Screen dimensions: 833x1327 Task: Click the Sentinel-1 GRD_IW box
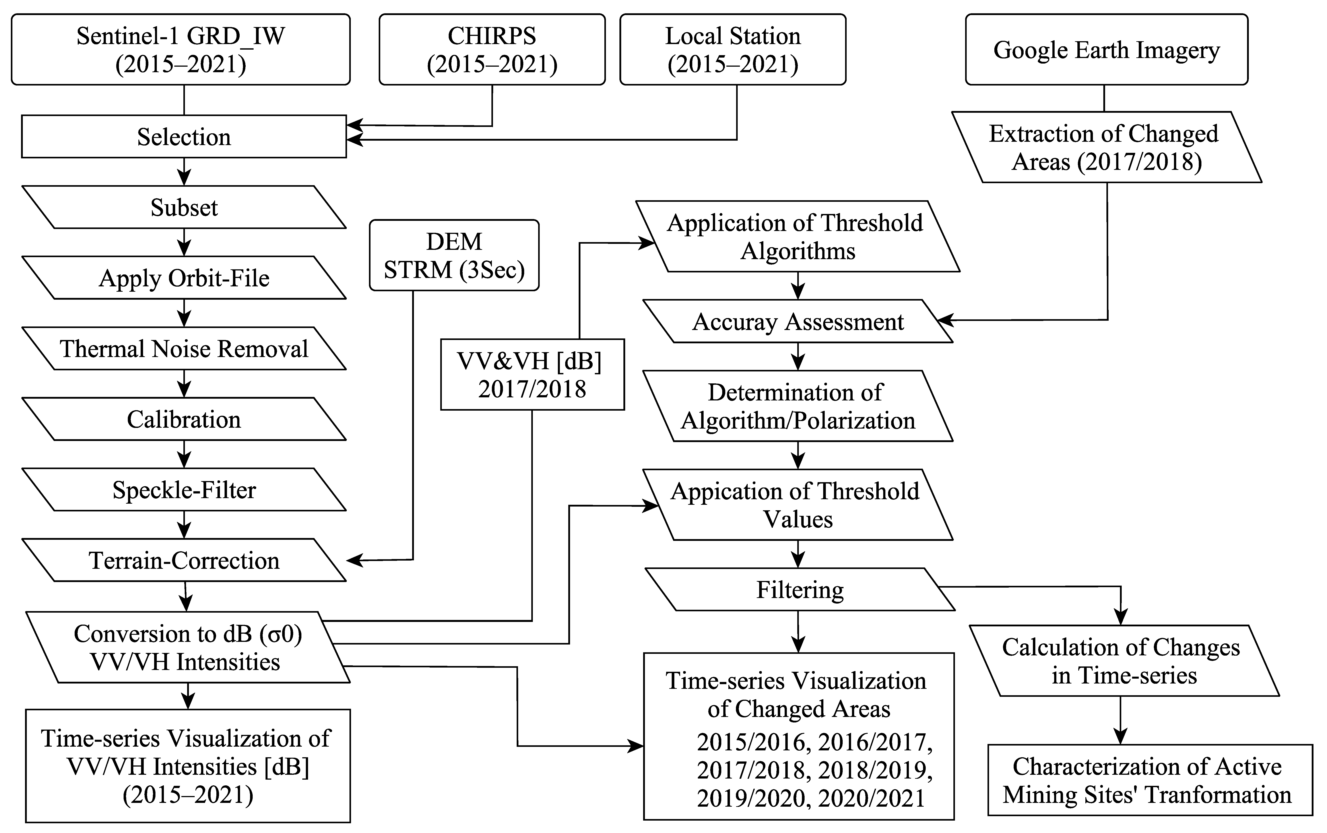pos(181,50)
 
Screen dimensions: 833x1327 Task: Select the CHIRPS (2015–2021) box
pos(492,50)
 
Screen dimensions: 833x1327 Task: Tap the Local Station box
pos(733,50)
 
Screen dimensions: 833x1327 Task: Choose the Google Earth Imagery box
pos(1106,50)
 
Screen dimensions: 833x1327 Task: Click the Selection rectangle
pos(184,137)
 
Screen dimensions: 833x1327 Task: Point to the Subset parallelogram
pos(184,207)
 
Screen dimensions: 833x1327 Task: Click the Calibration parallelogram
pos(184,419)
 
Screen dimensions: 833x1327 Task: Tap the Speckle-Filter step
pos(184,490)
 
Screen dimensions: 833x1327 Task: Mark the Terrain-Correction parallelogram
pos(184,560)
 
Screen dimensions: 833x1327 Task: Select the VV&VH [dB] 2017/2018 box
pos(532,375)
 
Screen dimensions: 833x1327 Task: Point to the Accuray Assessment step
pos(798,322)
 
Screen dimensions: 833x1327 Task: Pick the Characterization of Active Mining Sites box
pos(1150,780)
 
